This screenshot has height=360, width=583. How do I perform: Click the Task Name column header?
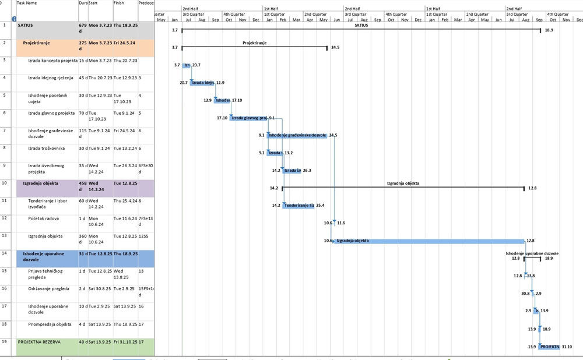(x=27, y=3)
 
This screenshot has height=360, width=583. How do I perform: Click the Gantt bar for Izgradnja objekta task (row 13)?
(x=429, y=241)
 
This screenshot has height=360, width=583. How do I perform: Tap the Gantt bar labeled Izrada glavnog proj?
(x=248, y=118)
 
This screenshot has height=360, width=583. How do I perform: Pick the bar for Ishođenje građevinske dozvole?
(x=297, y=135)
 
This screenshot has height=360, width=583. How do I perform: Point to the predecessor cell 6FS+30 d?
(x=146, y=168)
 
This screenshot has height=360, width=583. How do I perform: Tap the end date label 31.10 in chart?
(x=567, y=347)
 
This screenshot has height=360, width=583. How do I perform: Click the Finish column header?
(x=119, y=3)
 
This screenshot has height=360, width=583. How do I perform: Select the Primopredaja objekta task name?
(x=50, y=324)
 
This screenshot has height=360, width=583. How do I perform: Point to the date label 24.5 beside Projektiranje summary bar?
(x=335, y=47)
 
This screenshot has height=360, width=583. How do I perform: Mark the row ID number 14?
(x=5, y=253)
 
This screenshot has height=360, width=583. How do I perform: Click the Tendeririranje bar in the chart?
(x=298, y=205)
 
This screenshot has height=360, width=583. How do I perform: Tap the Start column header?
(x=93, y=3)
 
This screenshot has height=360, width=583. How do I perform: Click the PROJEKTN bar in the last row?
(x=549, y=347)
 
